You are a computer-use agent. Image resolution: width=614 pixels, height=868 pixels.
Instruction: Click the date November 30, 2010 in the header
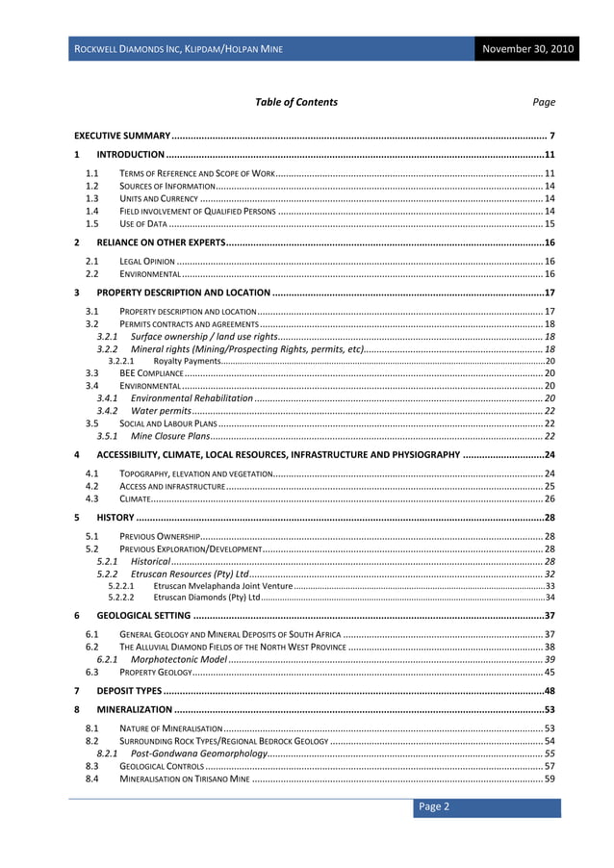click(528, 48)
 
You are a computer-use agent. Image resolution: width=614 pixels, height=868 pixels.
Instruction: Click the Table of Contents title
click(296, 102)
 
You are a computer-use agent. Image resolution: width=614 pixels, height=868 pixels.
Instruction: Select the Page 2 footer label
click(432, 806)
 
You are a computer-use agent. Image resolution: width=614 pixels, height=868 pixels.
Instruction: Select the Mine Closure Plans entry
click(170, 436)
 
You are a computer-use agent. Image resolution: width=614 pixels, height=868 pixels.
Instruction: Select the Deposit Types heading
click(129, 691)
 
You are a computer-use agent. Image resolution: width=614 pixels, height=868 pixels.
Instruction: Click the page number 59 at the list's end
click(550, 779)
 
